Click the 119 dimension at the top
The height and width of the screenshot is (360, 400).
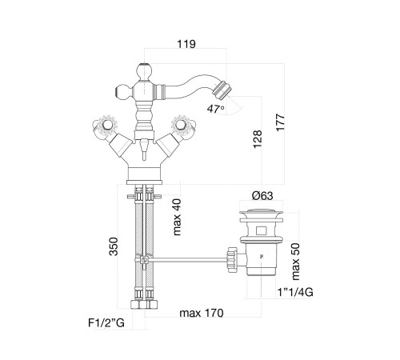click(186, 44)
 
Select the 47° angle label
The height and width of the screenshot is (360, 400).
click(216, 109)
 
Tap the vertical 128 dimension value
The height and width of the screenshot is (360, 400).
click(258, 139)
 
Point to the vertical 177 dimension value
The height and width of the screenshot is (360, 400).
click(281, 122)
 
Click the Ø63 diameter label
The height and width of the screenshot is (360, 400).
click(262, 196)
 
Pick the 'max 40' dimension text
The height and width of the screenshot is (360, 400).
click(177, 217)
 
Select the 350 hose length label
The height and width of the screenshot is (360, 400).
click(114, 246)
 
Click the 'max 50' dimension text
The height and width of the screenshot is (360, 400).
click(296, 262)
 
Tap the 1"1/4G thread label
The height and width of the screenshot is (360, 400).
click(295, 293)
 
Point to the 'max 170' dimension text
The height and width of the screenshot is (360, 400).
click(202, 313)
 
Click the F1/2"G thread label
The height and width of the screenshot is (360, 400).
click(106, 323)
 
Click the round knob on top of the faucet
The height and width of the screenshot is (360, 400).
click(144, 70)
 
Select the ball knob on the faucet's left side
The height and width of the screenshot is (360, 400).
click(122, 91)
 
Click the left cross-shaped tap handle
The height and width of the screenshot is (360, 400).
click(105, 126)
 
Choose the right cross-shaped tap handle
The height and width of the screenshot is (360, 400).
click(184, 126)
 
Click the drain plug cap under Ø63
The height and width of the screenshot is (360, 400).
click(261, 213)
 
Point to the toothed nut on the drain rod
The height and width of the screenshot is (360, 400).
click(232, 259)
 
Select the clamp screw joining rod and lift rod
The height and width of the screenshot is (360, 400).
click(144, 260)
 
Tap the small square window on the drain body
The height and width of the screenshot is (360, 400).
click(261, 230)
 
